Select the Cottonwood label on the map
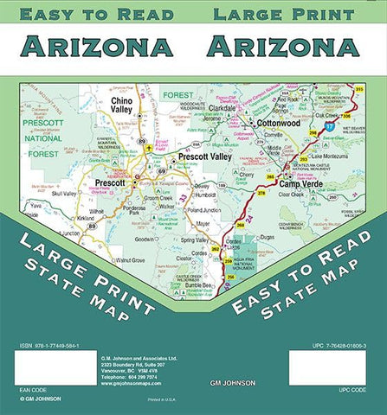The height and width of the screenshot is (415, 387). coord(281,124)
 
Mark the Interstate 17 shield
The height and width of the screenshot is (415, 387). coord(330,127)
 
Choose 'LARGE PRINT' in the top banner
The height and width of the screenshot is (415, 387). coord(283,14)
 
